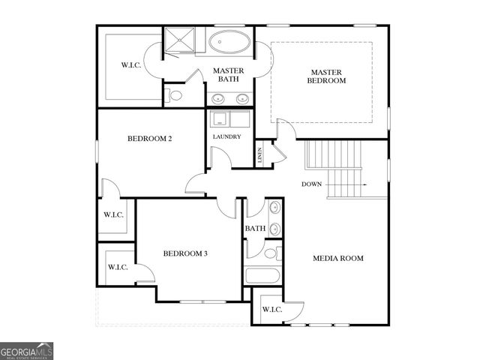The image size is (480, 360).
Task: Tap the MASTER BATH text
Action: (229, 74)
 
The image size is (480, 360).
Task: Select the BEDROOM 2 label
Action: (150, 139)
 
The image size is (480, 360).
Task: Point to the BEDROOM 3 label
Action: (185, 253)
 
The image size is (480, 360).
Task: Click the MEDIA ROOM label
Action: (337, 258)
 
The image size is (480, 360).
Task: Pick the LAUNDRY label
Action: (226, 136)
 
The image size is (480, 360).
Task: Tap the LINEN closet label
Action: (260, 155)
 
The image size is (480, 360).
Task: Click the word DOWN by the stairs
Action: (312, 184)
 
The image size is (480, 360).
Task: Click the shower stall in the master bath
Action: (178, 43)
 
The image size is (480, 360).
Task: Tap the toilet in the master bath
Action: (174, 95)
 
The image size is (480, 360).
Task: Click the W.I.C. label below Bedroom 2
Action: (113, 214)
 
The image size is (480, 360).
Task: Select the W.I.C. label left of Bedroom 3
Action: (118, 267)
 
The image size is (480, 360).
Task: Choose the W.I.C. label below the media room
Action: (271, 309)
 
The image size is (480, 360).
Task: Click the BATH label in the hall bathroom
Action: (255, 229)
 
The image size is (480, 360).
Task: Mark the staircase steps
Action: (333, 169)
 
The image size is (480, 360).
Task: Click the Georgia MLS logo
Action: (27, 351)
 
